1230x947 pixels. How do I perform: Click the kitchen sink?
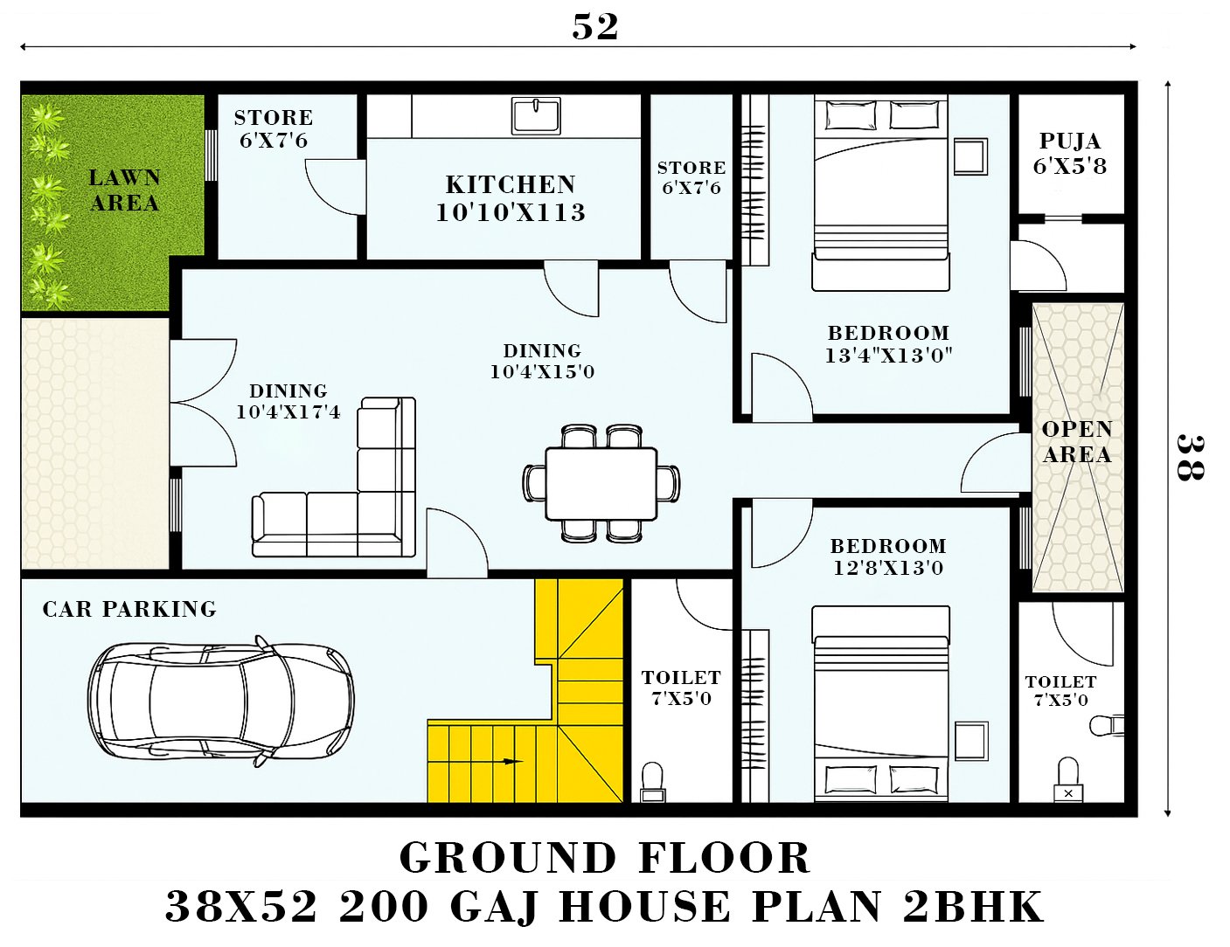536,115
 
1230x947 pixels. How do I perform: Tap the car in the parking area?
221,700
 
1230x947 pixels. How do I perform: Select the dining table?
601,483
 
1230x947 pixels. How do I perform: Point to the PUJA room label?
1070,141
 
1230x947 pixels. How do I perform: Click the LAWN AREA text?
124,190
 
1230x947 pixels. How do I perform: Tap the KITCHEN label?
511,184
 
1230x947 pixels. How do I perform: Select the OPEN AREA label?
1077,441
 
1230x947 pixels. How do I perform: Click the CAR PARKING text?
129,609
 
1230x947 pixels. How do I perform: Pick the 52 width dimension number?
595,26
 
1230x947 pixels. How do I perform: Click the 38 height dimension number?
1190,458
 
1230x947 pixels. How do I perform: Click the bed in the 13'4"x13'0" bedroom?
880,193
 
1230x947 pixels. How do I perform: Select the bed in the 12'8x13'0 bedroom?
880,704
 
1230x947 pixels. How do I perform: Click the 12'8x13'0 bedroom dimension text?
888,567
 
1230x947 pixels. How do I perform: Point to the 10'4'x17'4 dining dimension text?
288,411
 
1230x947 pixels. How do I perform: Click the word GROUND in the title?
508,858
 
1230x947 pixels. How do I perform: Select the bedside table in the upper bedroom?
970,156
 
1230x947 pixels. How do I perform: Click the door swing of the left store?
335,187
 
